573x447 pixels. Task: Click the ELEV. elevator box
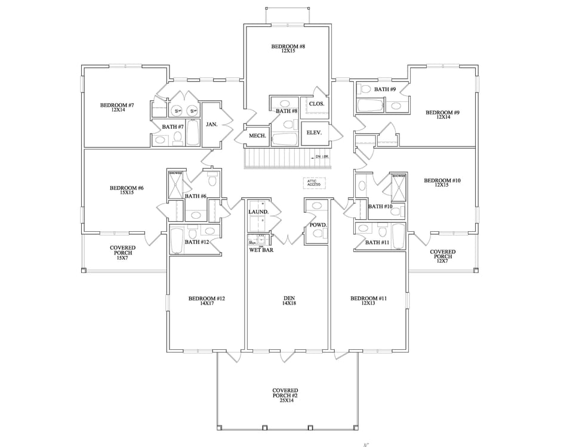coord(314,133)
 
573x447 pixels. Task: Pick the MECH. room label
coord(257,136)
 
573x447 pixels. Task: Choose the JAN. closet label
coord(211,125)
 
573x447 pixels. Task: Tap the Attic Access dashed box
coord(314,184)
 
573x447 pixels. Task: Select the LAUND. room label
coord(258,212)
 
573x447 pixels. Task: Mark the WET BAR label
coord(261,250)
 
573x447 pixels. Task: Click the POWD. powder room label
coord(317,225)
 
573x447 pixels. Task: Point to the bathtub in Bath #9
coord(370,107)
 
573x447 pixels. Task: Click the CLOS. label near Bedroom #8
coord(316,104)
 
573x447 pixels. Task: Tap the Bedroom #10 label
coord(442,182)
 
